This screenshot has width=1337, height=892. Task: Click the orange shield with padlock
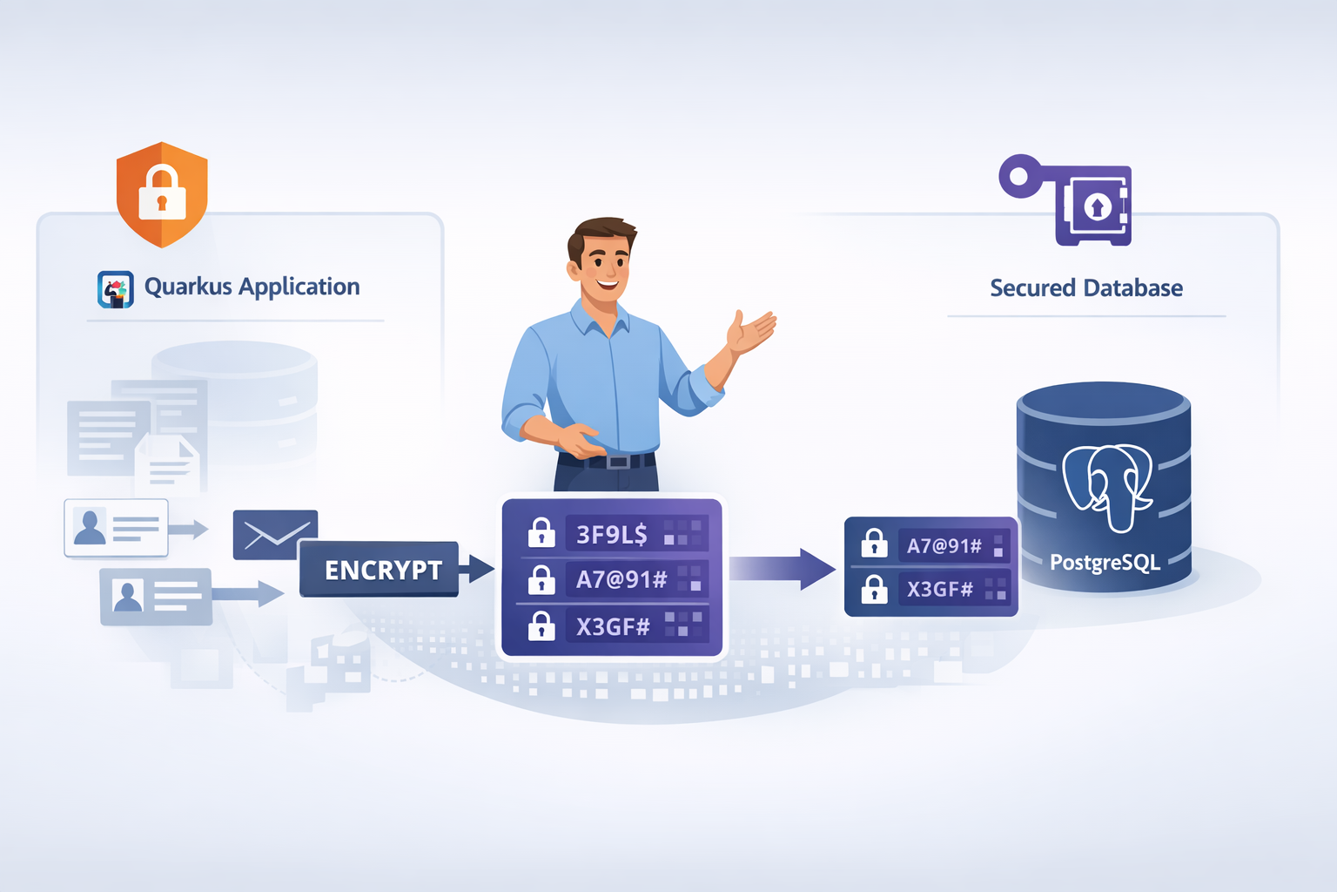pyautogui.click(x=162, y=193)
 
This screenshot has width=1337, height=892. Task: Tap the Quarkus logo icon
pyautogui.click(x=116, y=289)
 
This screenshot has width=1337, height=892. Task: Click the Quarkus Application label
pyautogui.click(x=252, y=287)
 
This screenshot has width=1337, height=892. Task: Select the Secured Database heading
pyautogui.click(x=1085, y=288)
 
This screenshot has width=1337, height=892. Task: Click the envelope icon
pyautogui.click(x=275, y=534)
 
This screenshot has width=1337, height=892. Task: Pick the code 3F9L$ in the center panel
pyautogui.click(x=612, y=534)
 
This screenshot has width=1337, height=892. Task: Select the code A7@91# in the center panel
pyautogui.click(x=621, y=579)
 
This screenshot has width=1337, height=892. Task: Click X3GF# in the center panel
pyautogui.click(x=613, y=626)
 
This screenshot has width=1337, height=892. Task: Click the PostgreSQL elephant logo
pyautogui.click(x=1107, y=486)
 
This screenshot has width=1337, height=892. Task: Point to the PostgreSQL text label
pyautogui.click(x=1105, y=563)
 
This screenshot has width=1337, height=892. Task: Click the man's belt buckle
pyautogui.click(x=618, y=461)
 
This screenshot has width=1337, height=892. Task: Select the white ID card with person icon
pyautogui.click(x=116, y=527)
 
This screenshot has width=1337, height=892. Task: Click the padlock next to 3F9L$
pyautogui.click(x=541, y=532)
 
